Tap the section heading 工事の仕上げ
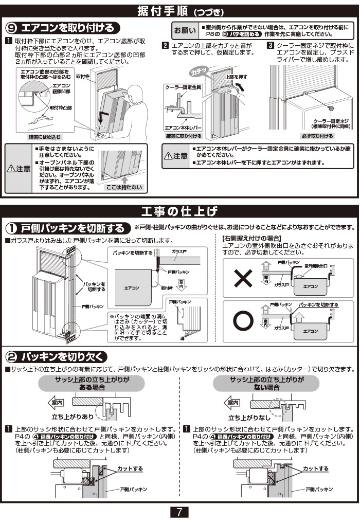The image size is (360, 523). point(179,211)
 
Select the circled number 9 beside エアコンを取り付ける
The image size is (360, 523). point(12,28)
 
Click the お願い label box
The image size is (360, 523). point(185,30)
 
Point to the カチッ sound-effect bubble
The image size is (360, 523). point(198,71)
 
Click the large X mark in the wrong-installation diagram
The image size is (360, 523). point(242,279)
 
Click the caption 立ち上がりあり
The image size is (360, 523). point(73,417)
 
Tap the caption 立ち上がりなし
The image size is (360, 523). point(248,417)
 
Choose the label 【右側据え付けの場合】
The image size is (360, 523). point(251,238)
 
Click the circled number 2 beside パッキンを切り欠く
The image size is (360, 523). point(12,357)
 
